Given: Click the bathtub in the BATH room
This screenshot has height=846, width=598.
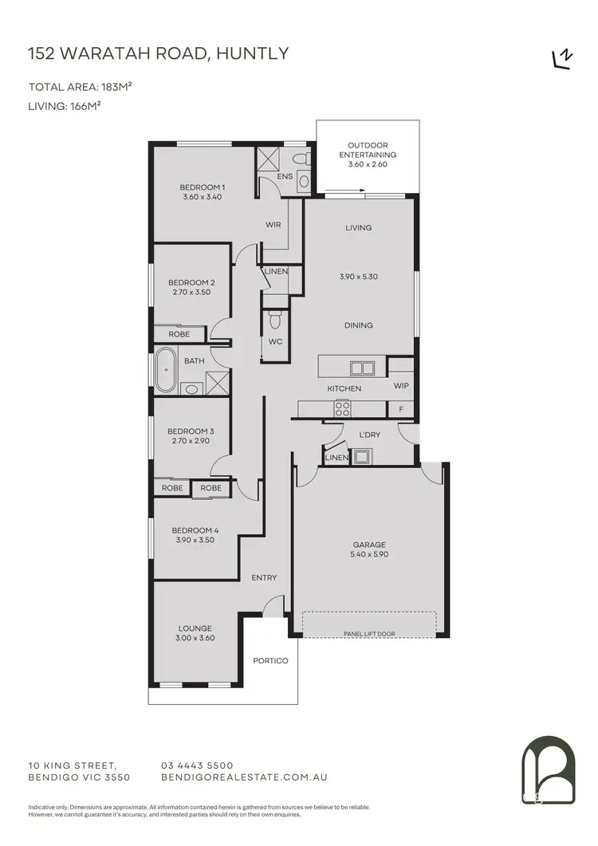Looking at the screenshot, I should click(166, 370).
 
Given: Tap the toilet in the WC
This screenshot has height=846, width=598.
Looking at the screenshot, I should click(275, 321).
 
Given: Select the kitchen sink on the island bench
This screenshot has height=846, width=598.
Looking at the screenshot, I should click(362, 368).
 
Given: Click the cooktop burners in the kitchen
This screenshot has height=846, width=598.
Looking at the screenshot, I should click(342, 409).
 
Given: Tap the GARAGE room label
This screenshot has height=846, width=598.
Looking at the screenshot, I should click(369, 545).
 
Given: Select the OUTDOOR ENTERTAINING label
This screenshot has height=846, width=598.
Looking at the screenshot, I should click(368, 150).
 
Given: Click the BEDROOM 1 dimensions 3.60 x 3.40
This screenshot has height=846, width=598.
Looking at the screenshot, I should click(203, 197).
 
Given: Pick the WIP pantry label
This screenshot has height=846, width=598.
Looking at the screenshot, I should click(401, 385).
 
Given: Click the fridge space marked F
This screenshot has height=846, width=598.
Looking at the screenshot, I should click(401, 409).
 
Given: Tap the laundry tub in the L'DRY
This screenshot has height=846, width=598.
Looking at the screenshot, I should click(363, 457).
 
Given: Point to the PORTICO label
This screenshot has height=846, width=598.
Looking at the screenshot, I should click(270, 660).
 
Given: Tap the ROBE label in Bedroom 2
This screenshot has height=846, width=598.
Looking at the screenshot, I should click(179, 334).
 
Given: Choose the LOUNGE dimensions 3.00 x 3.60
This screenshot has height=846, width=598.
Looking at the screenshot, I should click(195, 638).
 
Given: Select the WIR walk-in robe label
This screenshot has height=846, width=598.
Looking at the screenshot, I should click(273, 225).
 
